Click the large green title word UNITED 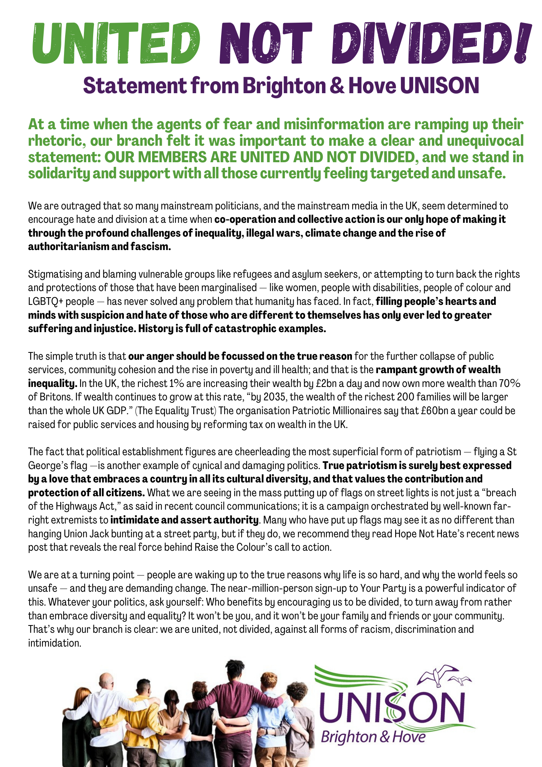coord(115,43)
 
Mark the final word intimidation coord(54,643)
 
